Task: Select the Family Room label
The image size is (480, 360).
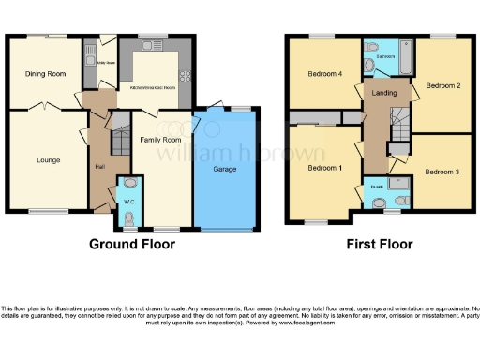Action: click(x=160, y=140)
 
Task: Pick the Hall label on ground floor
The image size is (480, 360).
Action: click(x=99, y=167)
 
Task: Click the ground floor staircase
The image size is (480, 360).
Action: click(x=119, y=139)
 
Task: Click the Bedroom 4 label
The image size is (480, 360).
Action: click(x=322, y=74)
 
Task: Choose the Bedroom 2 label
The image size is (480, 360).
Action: click(x=442, y=85)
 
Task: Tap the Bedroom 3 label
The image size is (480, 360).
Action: click(x=439, y=172)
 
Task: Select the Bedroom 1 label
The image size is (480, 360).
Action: click(x=324, y=168)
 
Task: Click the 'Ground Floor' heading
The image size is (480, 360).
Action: click(x=131, y=244)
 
